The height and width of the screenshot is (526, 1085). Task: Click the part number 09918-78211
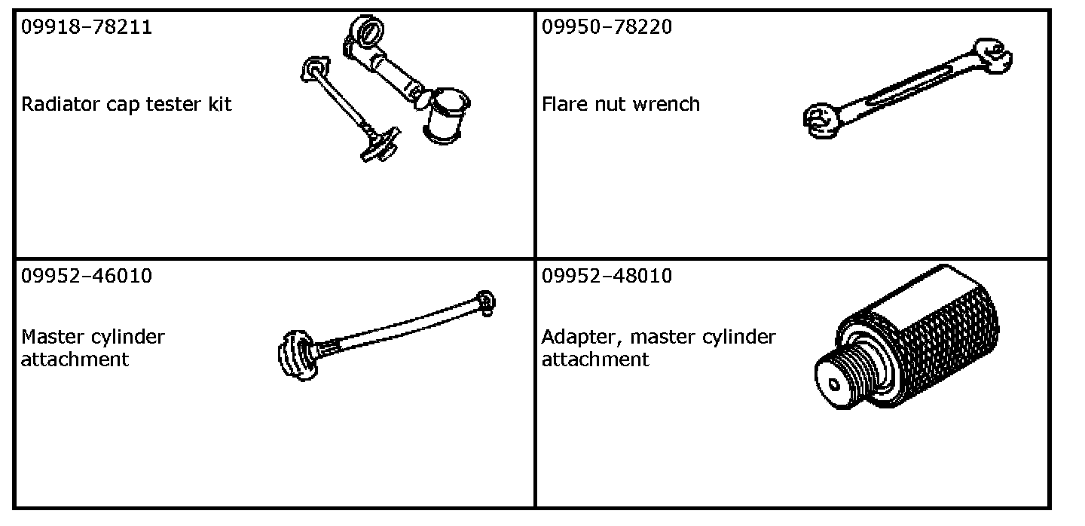pyautogui.click(x=87, y=28)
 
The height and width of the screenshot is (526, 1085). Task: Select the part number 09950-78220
pyautogui.click(x=607, y=28)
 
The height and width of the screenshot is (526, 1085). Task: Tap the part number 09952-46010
pyautogui.click(x=87, y=277)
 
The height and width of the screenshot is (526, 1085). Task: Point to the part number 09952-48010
pyautogui.click(x=607, y=277)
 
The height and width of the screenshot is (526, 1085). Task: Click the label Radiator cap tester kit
pyautogui.click(x=127, y=104)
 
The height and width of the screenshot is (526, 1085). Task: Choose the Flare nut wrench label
pyautogui.click(x=621, y=104)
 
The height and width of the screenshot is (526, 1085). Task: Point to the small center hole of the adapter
pyautogui.click(x=833, y=385)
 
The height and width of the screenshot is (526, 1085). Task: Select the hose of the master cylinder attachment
pyautogui.click(x=399, y=328)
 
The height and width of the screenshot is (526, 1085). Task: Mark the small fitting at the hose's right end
pyautogui.click(x=486, y=301)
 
